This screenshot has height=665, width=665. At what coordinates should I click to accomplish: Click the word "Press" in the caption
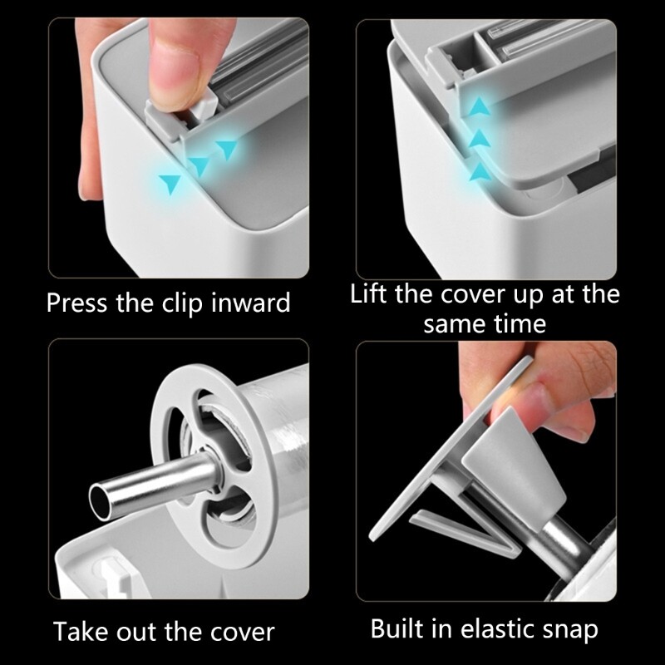[76, 303]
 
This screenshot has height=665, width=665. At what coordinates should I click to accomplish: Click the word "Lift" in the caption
[368, 293]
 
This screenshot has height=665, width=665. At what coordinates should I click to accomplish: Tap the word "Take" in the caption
[81, 631]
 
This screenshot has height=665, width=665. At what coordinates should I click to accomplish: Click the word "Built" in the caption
[397, 628]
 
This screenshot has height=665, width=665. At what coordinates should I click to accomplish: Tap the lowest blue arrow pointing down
[170, 184]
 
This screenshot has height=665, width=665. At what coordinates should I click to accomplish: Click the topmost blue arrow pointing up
[480, 106]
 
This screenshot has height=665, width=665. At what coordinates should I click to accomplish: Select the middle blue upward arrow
[480, 138]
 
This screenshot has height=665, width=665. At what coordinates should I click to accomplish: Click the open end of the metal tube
[100, 503]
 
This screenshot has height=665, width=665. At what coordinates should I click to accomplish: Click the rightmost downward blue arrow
[226, 150]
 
